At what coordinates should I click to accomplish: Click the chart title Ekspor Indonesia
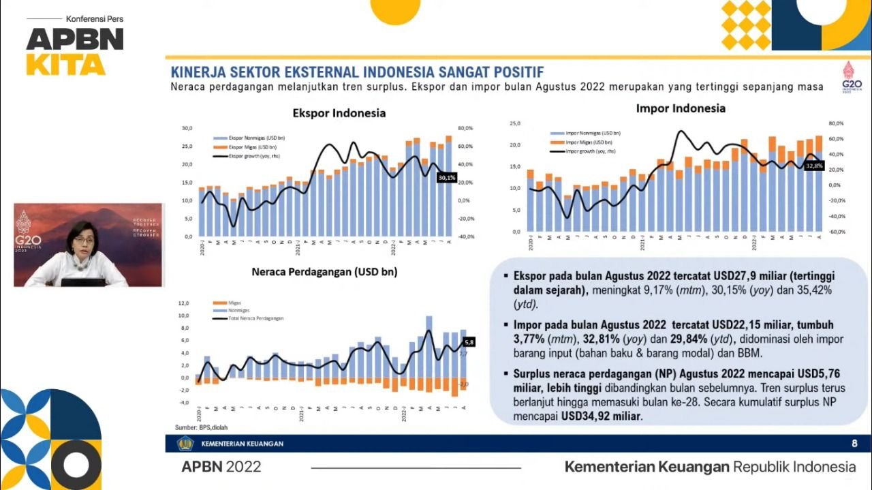(x=339, y=113)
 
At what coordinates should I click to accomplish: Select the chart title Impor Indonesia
(x=681, y=108)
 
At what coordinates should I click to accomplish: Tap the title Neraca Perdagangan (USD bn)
(x=324, y=271)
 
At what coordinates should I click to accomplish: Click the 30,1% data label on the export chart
(x=447, y=178)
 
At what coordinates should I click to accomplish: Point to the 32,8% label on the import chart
(x=814, y=166)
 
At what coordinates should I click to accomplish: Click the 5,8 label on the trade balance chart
(x=469, y=342)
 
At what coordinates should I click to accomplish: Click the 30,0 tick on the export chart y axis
(x=187, y=128)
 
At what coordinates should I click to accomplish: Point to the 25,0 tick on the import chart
(x=515, y=123)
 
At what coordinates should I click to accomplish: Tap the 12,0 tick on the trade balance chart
(x=183, y=303)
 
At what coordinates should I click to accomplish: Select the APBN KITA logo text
(x=75, y=50)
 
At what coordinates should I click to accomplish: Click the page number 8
(x=854, y=444)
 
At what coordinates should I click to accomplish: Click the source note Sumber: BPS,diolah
(x=193, y=427)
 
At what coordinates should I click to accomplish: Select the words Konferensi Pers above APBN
(x=95, y=18)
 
